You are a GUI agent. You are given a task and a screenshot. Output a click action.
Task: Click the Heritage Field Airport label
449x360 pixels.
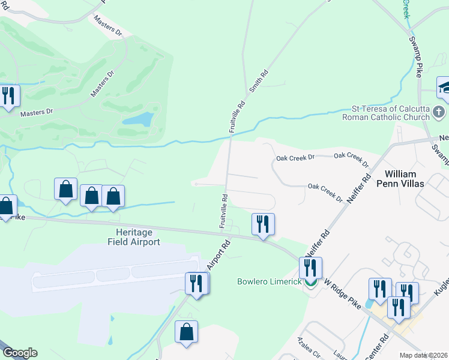coord(133,237)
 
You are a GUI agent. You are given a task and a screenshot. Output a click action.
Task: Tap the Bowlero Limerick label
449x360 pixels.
coord(269,281)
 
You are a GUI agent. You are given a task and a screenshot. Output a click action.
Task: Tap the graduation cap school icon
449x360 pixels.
coord(445,88)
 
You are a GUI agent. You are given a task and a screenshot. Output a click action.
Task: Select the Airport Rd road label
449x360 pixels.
coord(219,255)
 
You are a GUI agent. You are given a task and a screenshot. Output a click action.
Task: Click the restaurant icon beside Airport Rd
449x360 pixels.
coord(196,283)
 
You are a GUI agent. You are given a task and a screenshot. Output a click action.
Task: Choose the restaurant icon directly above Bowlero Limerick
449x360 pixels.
coord(310,268)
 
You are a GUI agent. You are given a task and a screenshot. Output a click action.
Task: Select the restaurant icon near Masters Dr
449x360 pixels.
coord(8,95)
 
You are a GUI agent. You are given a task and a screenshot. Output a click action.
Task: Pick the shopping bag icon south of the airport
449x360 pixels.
coord(186,331)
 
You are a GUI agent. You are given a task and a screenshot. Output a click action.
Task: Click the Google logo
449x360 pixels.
coord(20,353)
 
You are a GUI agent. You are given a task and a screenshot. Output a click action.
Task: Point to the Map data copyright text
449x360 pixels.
coord(424,355)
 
